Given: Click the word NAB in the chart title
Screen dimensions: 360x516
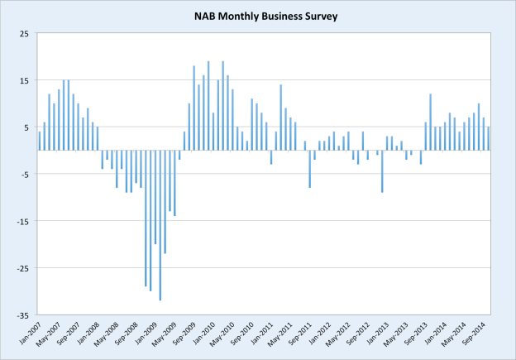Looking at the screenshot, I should point(207,15).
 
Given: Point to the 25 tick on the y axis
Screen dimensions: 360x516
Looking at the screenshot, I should point(24,33).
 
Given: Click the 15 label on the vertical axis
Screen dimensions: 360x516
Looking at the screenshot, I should point(24,80).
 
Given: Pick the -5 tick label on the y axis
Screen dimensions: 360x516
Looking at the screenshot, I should point(24,175).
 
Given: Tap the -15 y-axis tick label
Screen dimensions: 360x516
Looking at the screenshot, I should point(22,222).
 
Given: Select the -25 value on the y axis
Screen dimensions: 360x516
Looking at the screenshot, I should point(22,269).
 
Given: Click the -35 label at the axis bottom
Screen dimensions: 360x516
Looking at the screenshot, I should point(22,316).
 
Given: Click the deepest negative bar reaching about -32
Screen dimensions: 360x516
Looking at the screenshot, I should point(160,225).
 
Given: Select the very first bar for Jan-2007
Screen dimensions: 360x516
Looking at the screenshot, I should point(39,142).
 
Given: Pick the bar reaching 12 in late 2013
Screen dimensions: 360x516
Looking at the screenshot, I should point(430,122).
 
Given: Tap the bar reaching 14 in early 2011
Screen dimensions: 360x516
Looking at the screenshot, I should point(281,118).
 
